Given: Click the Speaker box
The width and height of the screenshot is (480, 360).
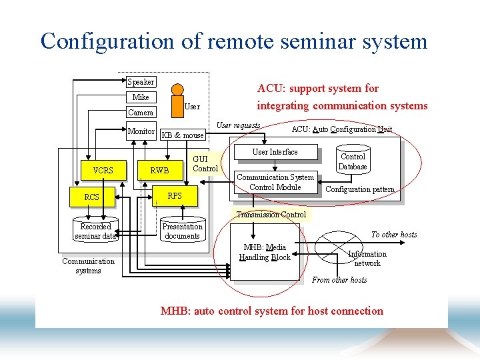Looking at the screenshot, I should [141, 82].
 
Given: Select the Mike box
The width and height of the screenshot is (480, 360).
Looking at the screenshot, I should [141, 97].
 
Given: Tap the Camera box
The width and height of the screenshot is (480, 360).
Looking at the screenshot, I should [141, 113].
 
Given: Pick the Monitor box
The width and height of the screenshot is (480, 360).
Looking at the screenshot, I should [141, 131].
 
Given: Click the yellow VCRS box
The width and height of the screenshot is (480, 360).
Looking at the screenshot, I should [103, 170].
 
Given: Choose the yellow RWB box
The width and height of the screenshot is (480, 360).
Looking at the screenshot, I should [159, 170].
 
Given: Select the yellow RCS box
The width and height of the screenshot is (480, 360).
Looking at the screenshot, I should [91, 197].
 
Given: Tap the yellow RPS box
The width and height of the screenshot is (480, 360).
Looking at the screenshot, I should [175, 196].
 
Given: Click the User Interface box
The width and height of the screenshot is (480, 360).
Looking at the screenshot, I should [275, 152].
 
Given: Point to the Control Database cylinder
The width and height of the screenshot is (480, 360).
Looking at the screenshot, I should [353, 161].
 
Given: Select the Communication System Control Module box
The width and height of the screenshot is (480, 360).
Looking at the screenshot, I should [275, 183].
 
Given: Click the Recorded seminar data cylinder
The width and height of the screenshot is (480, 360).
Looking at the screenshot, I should [95, 231].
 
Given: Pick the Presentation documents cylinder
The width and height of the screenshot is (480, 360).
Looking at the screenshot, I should [182, 231].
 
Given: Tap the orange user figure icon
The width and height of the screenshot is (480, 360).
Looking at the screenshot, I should [176, 99].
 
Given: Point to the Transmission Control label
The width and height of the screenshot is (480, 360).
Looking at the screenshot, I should [271, 215].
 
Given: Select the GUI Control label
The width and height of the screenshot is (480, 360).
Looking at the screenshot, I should [205, 163].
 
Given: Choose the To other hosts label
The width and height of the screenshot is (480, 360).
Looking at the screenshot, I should [394, 235].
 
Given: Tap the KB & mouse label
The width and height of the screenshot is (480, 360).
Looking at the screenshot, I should [183, 135].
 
